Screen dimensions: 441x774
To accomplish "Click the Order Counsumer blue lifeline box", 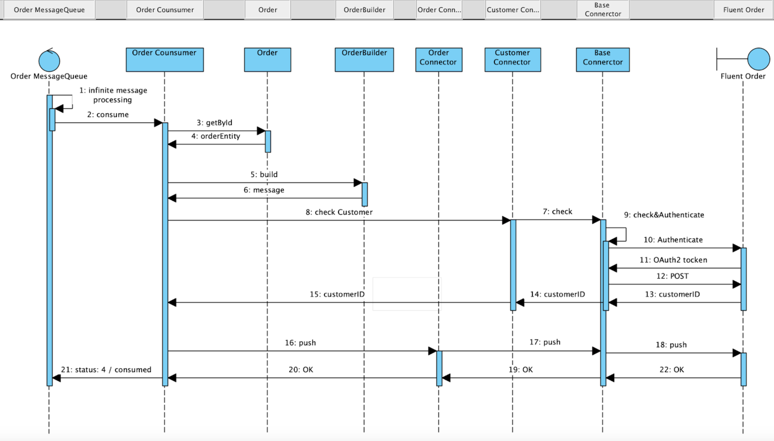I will pyautogui.click(x=165, y=59).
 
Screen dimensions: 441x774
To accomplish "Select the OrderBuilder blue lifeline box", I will pyautogui.click(x=364, y=59).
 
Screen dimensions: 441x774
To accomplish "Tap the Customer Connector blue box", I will pyautogui.click(x=512, y=59).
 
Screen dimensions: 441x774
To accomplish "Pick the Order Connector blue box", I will pyautogui.click(x=438, y=59).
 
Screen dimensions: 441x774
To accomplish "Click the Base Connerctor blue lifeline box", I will pyautogui.click(x=603, y=59).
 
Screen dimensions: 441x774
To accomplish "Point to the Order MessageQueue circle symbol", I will pyautogui.click(x=49, y=61).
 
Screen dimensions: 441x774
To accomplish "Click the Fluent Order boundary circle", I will pyautogui.click(x=758, y=59).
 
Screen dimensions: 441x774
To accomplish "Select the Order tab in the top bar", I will pyautogui.click(x=267, y=10).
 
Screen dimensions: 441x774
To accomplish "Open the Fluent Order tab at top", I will pyautogui.click(x=743, y=10).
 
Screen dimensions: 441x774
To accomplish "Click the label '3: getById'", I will pyautogui.click(x=215, y=122).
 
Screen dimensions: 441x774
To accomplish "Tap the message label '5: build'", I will pyautogui.click(x=264, y=175).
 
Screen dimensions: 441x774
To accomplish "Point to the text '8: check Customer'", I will pyautogui.click(x=339, y=212).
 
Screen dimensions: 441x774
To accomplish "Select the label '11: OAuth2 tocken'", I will pyautogui.click(x=673, y=260).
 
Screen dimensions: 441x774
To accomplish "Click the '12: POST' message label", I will pyautogui.click(x=672, y=276).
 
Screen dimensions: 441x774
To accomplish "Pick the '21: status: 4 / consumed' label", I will pyautogui.click(x=106, y=369).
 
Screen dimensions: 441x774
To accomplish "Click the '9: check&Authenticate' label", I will pyautogui.click(x=664, y=215).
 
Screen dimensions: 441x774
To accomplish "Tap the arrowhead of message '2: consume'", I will pyautogui.click(x=158, y=123).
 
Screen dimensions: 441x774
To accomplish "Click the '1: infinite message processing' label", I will pyautogui.click(x=113, y=95).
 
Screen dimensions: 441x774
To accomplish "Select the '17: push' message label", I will pyautogui.click(x=544, y=342).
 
